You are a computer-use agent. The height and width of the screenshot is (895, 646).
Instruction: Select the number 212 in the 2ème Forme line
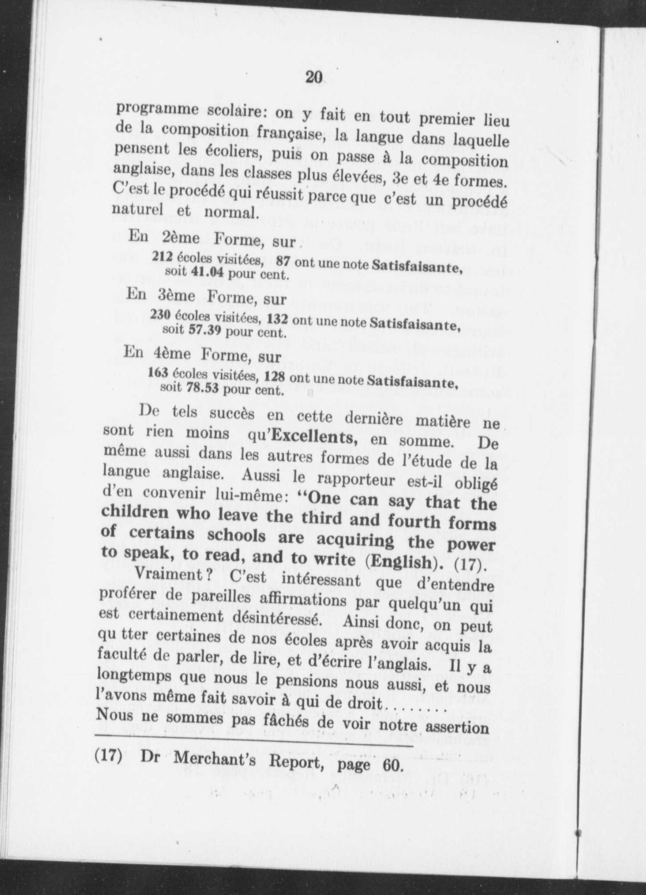[x=162, y=256]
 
